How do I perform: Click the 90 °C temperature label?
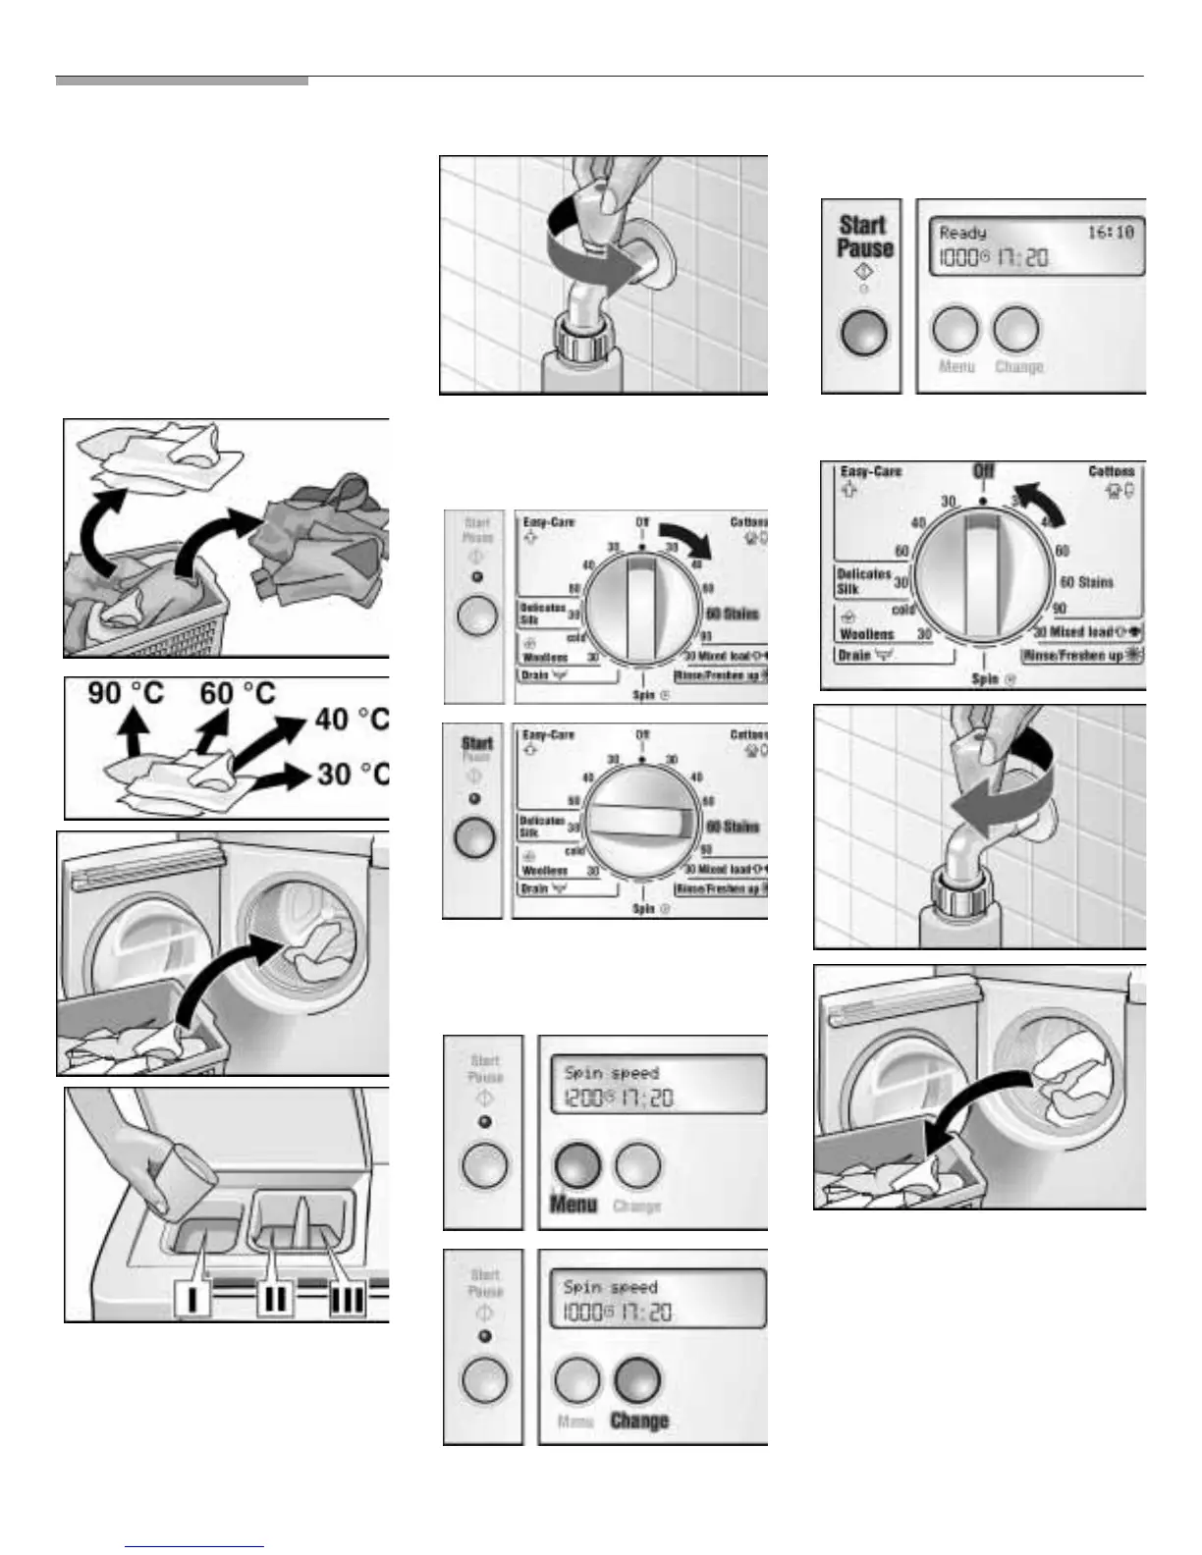click(x=126, y=694)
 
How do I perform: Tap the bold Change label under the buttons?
click(x=639, y=1420)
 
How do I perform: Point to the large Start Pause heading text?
click(x=863, y=237)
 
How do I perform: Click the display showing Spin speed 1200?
click(x=656, y=1086)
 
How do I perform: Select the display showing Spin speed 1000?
click(x=656, y=1300)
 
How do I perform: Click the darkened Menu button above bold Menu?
click(x=577, y=1164)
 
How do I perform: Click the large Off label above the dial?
click(x=984, y=472)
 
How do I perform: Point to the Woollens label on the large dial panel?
click(x=866, y=634)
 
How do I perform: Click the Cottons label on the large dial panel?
click(x=1112, y=472)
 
